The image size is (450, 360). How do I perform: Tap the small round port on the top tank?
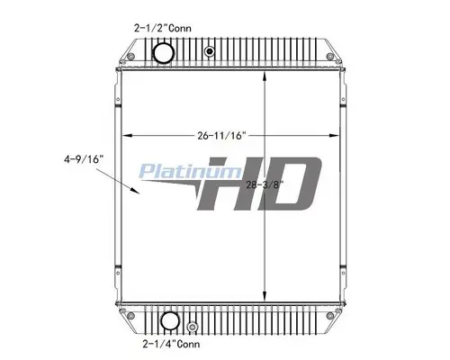(x=210, y=52)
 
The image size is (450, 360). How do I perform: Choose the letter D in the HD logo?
(x=288, y=186)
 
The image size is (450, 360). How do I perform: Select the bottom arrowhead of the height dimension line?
(x=263, y=300)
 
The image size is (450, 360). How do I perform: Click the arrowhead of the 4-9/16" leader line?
(x=139, y=190)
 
